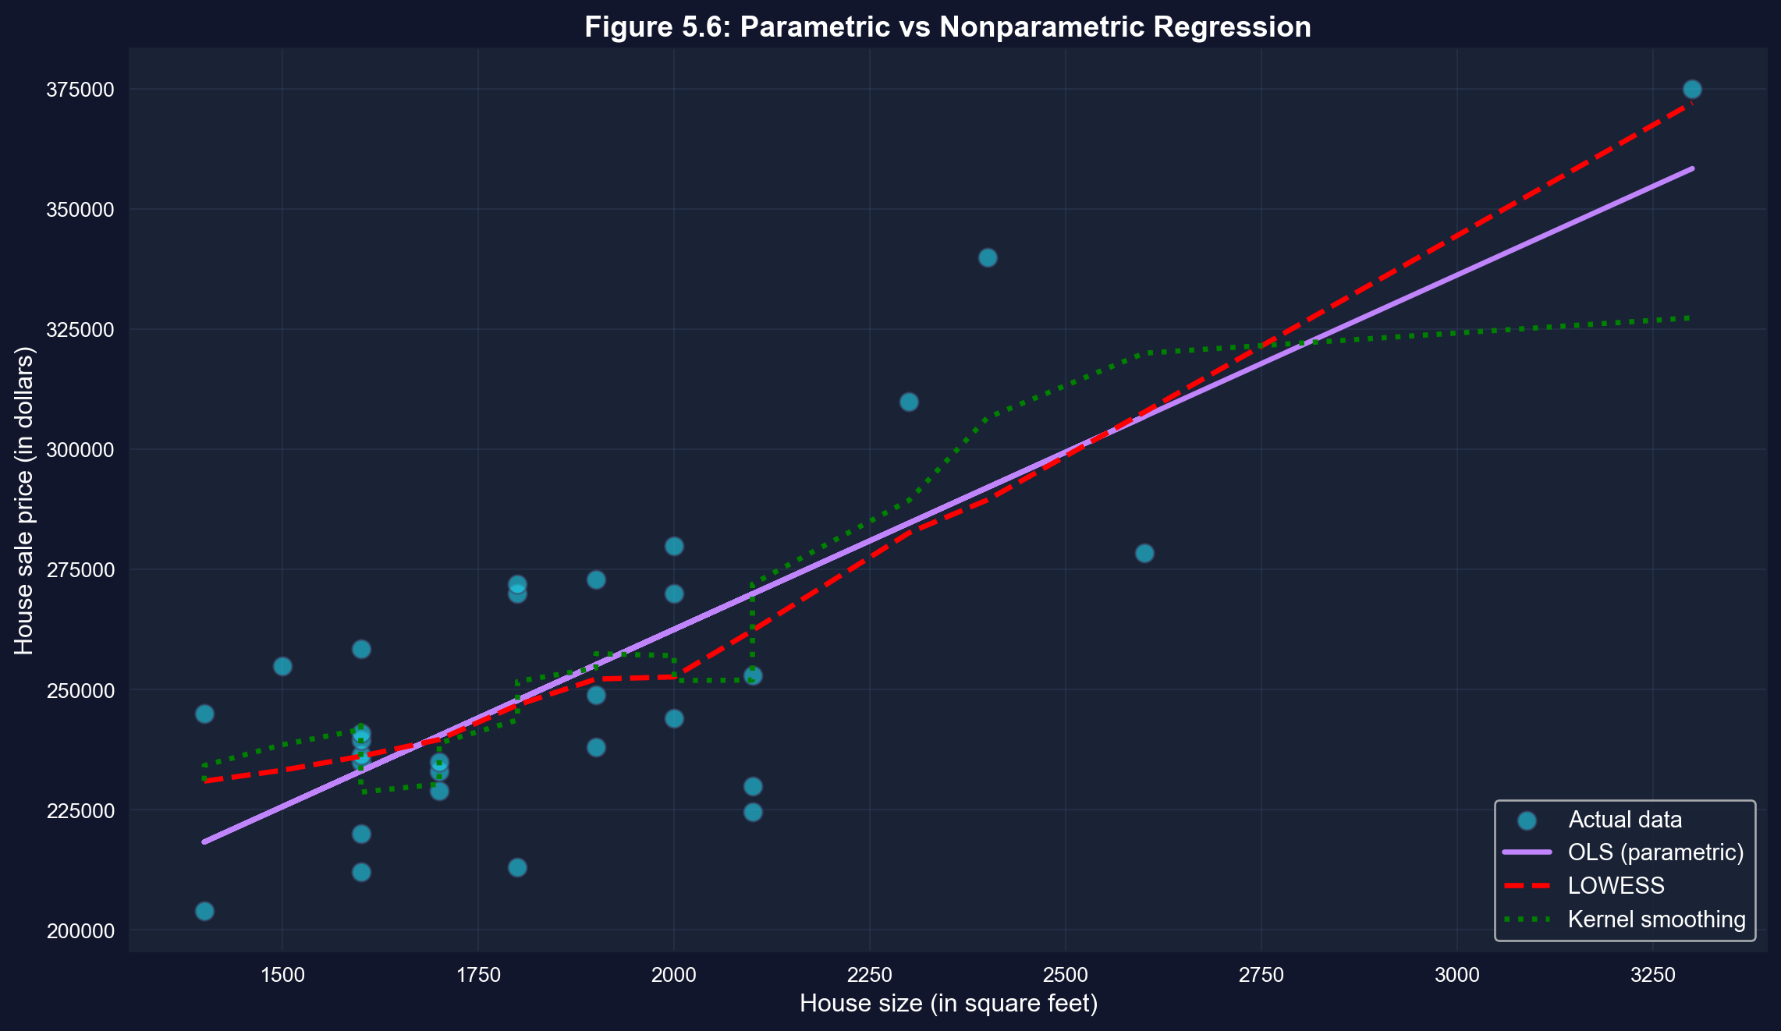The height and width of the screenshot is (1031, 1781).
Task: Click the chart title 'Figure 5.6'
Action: pos(947,27)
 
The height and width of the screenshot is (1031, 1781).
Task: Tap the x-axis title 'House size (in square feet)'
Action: pos(948,1003)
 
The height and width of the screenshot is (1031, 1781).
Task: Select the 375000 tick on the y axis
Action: pos(80,90)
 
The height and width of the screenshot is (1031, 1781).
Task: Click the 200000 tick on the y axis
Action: pos(80,930)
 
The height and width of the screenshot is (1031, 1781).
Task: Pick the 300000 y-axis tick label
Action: pos(80,450)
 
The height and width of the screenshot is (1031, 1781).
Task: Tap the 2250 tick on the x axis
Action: pos(869,976)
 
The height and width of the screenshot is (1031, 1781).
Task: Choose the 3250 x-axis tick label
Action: pos(1652,976)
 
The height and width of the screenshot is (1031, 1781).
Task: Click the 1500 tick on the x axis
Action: pos(282,976)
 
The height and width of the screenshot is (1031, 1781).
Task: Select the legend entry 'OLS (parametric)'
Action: pos(1655,852)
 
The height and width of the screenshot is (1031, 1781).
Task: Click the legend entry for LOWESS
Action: pos(1616,886)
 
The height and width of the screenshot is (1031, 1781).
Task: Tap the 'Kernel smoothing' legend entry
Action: pos(1656,919)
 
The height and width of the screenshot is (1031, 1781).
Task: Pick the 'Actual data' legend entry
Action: pos(1624,820)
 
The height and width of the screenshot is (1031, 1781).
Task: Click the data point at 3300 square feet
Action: pos(1692,90)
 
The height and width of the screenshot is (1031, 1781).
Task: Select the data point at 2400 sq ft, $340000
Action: pos(988,258)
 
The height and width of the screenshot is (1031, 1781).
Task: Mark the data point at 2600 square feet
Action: pos(1144,554)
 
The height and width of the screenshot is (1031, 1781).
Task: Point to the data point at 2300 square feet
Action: pos(909,402)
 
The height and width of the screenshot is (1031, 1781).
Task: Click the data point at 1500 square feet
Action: pos(282,667)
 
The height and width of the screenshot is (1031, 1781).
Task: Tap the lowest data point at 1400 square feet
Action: pos(204,911)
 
